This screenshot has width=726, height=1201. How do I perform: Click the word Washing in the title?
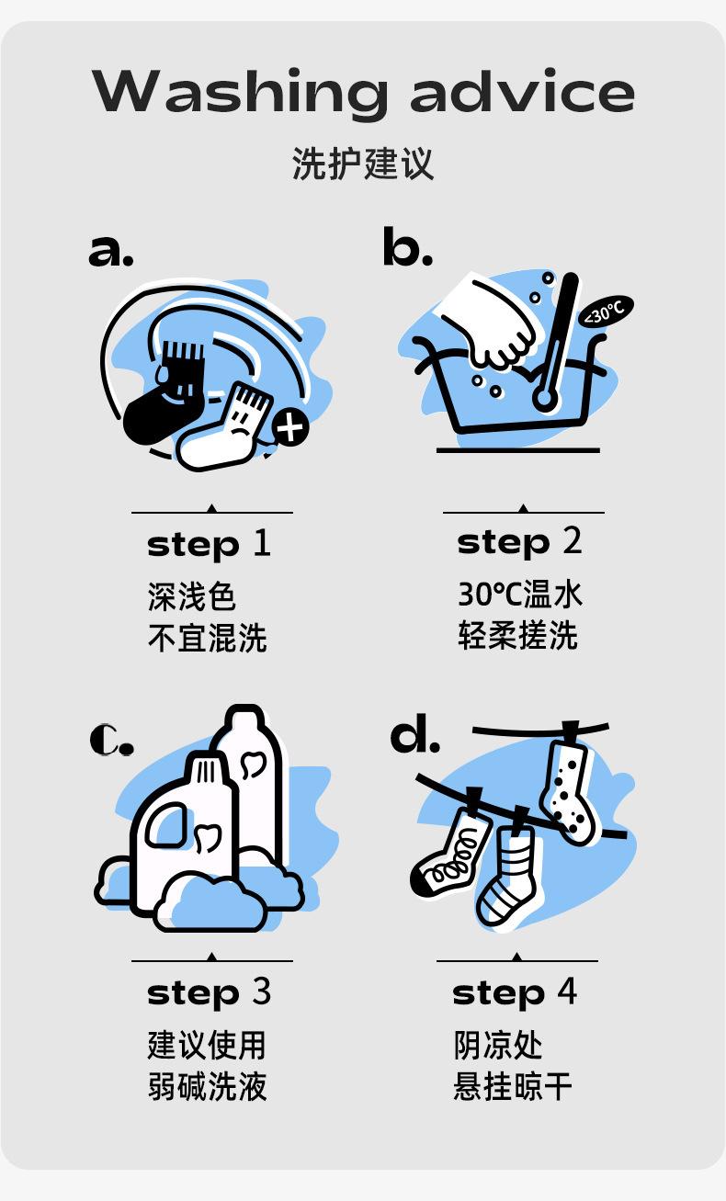pyautogui.click(x=239, y=92)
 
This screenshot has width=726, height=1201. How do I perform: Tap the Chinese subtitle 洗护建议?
pyautogui.click(x=362, y=163)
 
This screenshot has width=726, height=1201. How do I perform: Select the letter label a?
pyautogui.click(x=110, y=251)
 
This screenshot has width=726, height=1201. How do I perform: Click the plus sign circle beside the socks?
pyautogui.click(x=290, y=427)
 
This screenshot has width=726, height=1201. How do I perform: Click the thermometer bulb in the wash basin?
pyautogui.click(x=545, y=400)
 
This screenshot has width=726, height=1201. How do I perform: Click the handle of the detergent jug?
pyautogui.click(x=167, y=826)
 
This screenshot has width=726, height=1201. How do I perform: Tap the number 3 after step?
pyautogui.click(x=262, y=991)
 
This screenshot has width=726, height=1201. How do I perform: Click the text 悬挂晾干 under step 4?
pyautogui.click(x=513, y=1086)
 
